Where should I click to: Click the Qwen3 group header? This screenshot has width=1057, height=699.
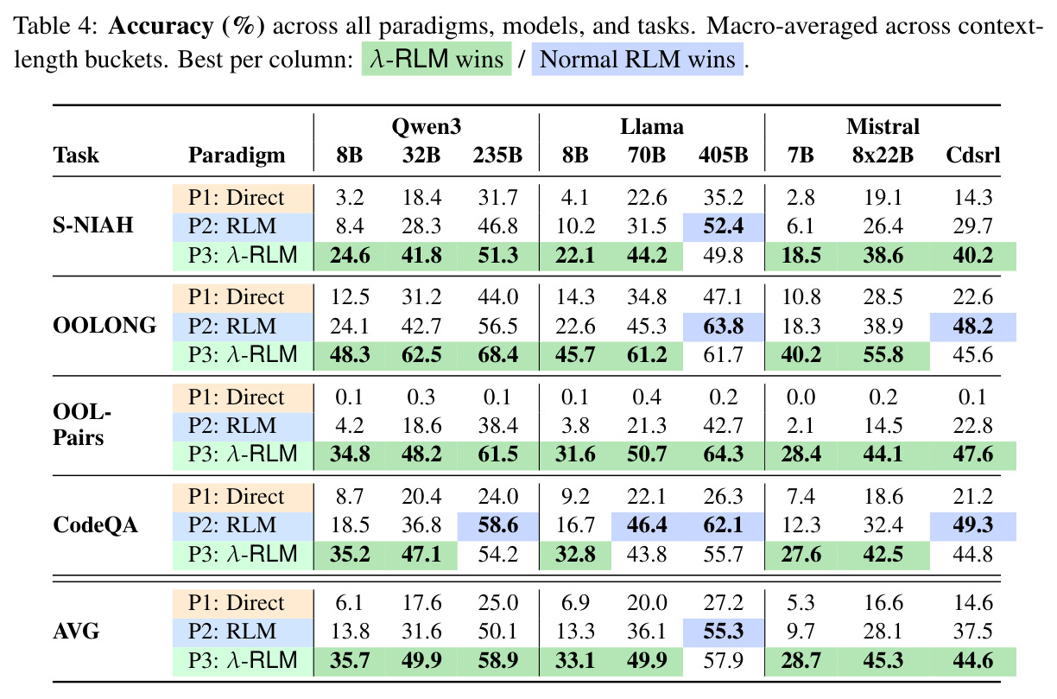click(x=426, y=127)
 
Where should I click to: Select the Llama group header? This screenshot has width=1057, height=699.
click(x=652, y=126)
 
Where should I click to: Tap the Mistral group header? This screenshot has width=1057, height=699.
click(x=883, y=126)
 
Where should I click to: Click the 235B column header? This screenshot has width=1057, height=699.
click(x=497, y=155)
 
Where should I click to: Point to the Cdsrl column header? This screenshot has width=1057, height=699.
click(x=973, y=155)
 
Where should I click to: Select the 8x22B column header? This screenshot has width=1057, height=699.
click(x=883, y=155)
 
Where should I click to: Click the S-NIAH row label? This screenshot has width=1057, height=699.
click(x=93, y=226)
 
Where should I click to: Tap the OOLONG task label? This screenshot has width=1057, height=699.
click(x=104, y=325)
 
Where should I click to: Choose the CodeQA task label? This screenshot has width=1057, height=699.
click(x=95, y=524)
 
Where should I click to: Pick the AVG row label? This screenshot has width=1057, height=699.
click(x=76, y=631)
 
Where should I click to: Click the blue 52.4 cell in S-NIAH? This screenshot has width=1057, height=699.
click(x=724, y=227)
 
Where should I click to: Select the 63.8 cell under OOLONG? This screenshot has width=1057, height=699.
click(x=724, y=327)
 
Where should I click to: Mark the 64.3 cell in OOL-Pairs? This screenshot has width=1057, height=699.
click(x=724, y=454)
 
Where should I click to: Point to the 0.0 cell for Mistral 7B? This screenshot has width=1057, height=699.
click(x=801, y=397)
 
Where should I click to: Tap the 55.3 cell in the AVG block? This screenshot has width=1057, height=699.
click(x=724, y=632)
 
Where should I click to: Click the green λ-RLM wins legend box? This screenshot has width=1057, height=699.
click(x=436, y=59)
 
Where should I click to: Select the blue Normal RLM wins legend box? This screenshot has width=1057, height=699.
click(x=637, y=59)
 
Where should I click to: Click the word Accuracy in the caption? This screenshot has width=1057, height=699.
click(x=161, y=27)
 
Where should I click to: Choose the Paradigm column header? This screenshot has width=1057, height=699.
click(x=237, y=156)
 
